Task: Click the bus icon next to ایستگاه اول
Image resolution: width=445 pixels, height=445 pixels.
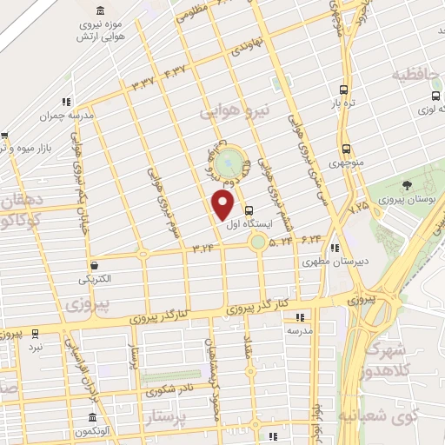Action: (x=250, y=210)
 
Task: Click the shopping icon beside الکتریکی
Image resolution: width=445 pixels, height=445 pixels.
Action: (x=95, y=265)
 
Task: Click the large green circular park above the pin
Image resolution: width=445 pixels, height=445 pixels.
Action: (x=229, y=162)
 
